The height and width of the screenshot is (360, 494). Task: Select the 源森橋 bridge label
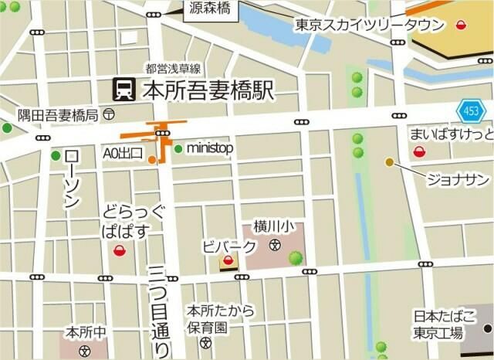coord(211,9)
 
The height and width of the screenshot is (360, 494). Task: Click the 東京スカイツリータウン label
coord(370,25)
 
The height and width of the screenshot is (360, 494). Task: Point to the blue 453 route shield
coord(470,112)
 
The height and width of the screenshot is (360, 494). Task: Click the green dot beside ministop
coord(178,148)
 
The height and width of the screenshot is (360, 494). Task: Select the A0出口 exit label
coord(123,154)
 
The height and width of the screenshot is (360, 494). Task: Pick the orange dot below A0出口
coord(153,160)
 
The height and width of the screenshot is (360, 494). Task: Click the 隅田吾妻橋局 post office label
coord(59,115)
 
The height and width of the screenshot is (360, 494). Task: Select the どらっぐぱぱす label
coord(134,219)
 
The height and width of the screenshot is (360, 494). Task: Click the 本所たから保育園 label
coord(220,318)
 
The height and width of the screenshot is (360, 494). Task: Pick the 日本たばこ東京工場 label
coord(438,324)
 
